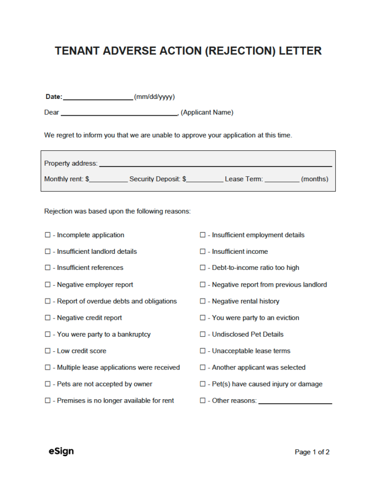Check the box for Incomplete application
(47, 235)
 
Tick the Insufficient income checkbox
(202, 252)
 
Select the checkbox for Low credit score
(47, 351)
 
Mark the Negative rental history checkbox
(202, 301)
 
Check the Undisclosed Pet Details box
(202, 335)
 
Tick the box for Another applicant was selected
(202, 368)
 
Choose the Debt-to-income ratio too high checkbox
(202, 268)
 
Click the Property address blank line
(215, 164)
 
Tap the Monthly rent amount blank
(108, 180)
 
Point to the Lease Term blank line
(282, 180)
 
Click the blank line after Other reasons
(295, 401)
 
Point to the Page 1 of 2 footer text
(312, 452)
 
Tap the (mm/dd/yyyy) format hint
(154, 97)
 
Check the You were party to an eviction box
(202, 318)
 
